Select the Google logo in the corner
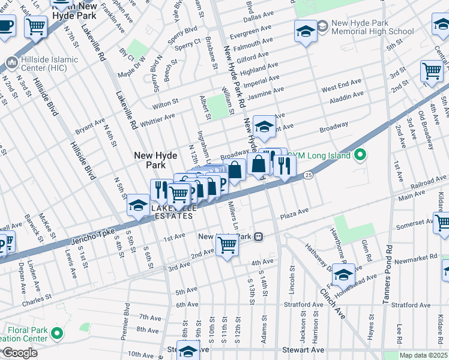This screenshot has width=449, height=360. coord(19,353)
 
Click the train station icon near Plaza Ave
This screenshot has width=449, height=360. coord(260,236)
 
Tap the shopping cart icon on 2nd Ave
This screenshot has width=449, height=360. coord(227,244)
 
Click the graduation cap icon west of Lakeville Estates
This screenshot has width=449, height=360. coord(138,206)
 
